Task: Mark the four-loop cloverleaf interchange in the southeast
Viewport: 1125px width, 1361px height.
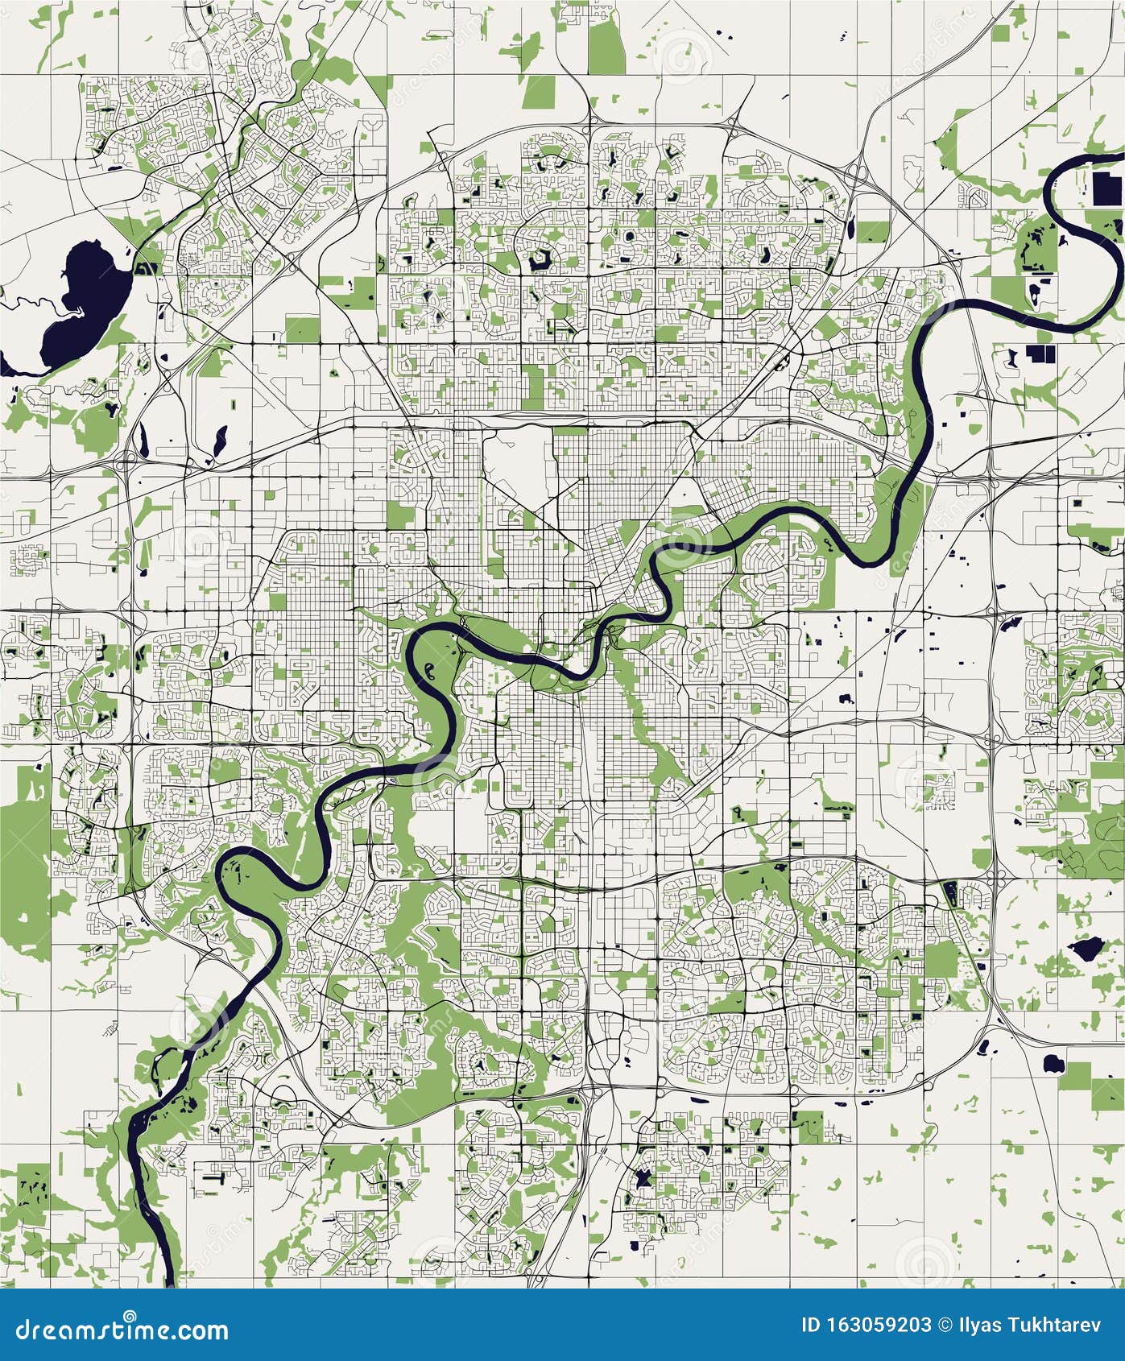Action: pyautogui.click(x=997, y=878)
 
